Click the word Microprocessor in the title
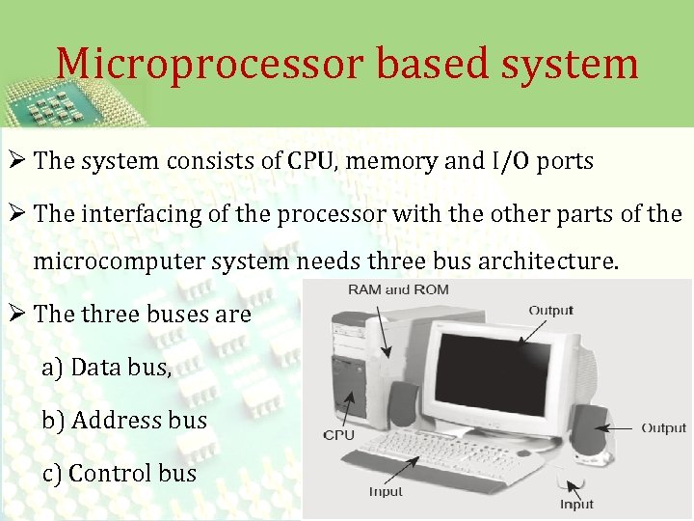pyautogui.click(x=208, y=64)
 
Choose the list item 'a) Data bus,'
pyautogui.click(x=106, y=367)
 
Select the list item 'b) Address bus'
pyautogui.click(x=123, y=420)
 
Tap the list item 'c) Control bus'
pyautogui.click(x=119, y=473)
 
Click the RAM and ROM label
pyautogui.click(x=398, y=289)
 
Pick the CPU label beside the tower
pyautogui.click(x=339, y=435)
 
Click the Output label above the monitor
pyautogui.click(x=550, y=311)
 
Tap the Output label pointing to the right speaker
pyautogui.click(x=663, y=427)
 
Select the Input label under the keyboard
pyautogui.click(x=386, y=492)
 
